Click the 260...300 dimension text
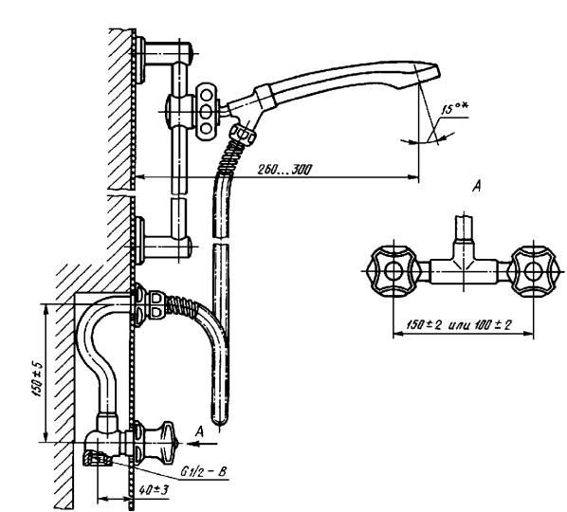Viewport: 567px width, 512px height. [284, 169]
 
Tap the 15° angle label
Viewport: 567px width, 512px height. [454, 108]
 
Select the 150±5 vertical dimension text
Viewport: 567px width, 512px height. [38, 379]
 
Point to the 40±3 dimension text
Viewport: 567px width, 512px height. [154, 490]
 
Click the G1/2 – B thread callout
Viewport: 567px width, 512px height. [204, 471]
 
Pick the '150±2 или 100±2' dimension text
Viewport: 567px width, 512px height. [459, 324]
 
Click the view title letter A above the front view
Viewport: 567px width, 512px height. [477, 187]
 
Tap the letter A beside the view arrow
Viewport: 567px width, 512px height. [199, 431]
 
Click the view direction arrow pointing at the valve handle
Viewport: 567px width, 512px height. [201, 444]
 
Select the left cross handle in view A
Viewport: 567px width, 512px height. [393, 271]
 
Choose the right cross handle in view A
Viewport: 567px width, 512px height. [534, 271]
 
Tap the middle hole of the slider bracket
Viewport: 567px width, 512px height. [206, 111]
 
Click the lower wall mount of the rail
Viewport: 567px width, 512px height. [164, 247]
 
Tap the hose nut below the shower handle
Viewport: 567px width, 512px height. [244, 135]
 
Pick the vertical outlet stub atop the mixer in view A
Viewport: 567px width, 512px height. [464, 229]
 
